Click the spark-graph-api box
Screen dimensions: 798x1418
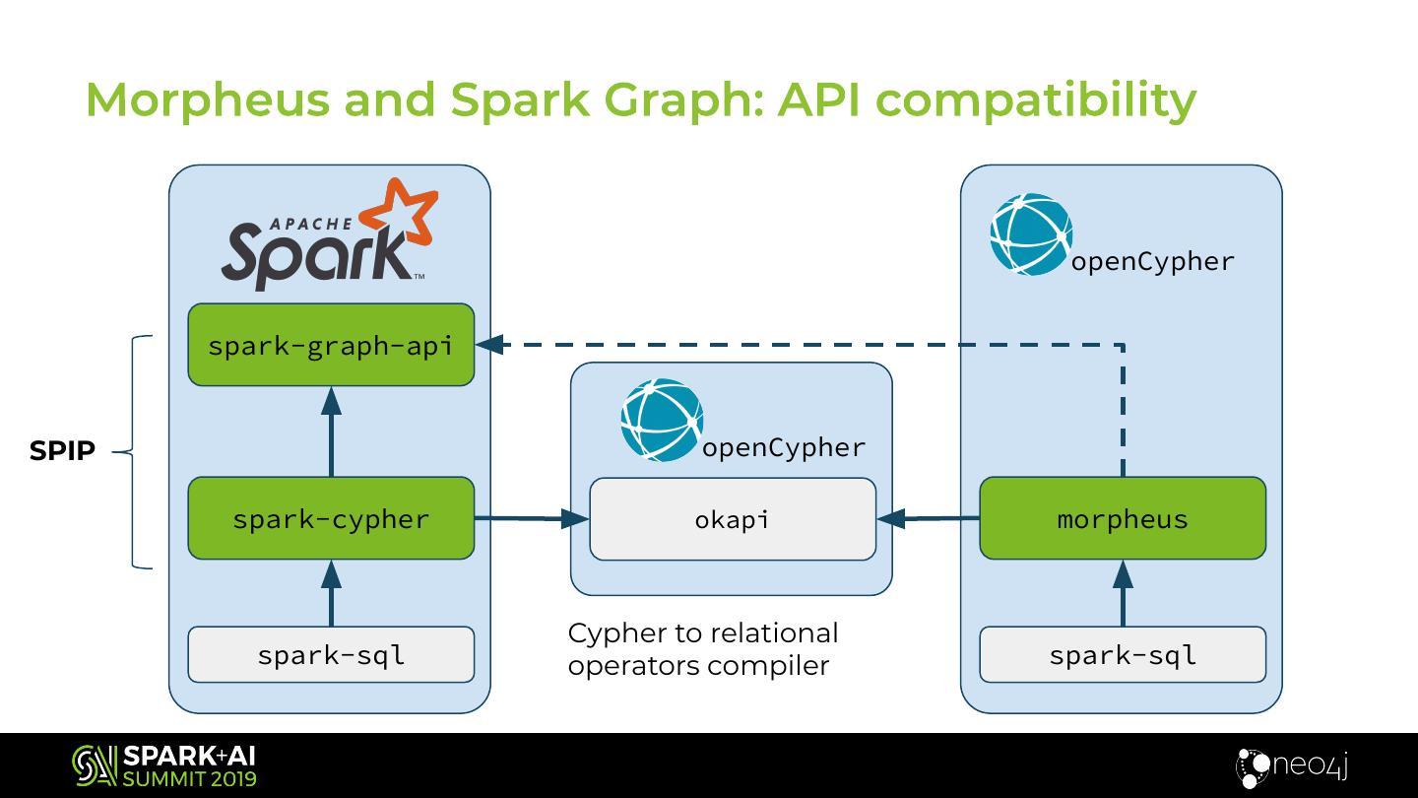tap(331, 345)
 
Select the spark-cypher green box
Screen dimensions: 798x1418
tap(331, 518)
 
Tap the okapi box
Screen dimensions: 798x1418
tap(732, 519)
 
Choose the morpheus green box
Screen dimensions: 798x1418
tap(1123, 518)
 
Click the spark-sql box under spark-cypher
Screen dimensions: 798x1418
tap(331, 654)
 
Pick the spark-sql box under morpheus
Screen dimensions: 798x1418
tap(1123, 654)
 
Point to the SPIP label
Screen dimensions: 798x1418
tap(62, 451)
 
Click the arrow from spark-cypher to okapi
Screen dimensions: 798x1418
tap(532, 518)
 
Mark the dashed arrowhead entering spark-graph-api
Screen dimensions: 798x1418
tap(490, 345)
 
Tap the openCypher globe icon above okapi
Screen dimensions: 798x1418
tap(662, 420)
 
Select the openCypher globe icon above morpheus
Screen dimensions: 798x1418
tap(1030, 233)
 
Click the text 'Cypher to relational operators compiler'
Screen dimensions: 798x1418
tap(703, 648)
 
